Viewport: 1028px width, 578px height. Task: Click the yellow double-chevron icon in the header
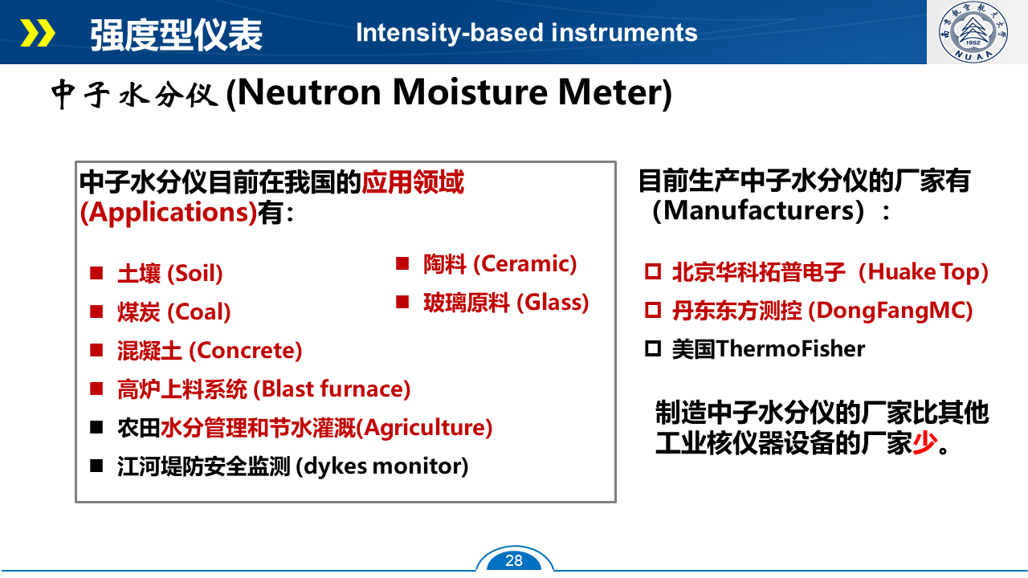[38, 33]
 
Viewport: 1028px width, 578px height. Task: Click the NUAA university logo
[973, 31]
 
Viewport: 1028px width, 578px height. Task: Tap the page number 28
[513, 560]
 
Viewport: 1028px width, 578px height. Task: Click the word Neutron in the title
[309, 92]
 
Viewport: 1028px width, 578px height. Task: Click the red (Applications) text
[169, 213]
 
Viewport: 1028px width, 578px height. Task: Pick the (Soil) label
[195, 274]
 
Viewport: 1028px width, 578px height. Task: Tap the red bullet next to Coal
[96, 311]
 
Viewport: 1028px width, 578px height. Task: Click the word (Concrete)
[246, 351]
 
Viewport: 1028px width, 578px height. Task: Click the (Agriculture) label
[424, 428]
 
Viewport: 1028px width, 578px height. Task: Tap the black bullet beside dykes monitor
[96, 466]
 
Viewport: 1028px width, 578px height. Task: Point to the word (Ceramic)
[525, 264]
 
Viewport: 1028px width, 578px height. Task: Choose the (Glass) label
[553, 303]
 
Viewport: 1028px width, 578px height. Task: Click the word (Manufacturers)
[758, 210]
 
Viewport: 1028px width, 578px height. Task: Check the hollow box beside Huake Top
[653, 271]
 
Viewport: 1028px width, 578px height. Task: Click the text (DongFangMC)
[891, 311]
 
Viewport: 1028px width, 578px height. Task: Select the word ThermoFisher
[791, 348]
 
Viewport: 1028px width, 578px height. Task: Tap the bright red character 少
[924, 443]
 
